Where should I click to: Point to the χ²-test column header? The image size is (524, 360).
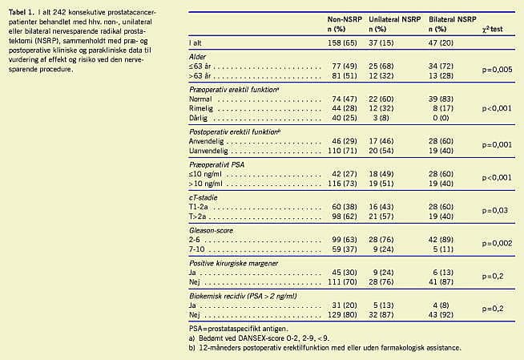tap(492, 29)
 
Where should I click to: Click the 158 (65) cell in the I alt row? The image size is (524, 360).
tap(342, 43)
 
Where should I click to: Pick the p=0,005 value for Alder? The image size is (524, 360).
tap(497, 70)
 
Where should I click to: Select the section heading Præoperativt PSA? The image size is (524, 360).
tap(216, 165)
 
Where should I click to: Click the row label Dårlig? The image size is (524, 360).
tap(198, 118)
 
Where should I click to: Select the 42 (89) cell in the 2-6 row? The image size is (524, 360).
tap(441, 240)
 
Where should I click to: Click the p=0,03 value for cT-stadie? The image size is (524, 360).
tap(495, 211)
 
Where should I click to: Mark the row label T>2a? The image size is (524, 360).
tap(198, 216)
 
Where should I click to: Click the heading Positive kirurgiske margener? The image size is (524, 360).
tap(234, 264)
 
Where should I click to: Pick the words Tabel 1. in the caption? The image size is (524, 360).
tap(22, 12)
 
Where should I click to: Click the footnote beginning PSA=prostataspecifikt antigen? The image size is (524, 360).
tap(239, 329)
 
